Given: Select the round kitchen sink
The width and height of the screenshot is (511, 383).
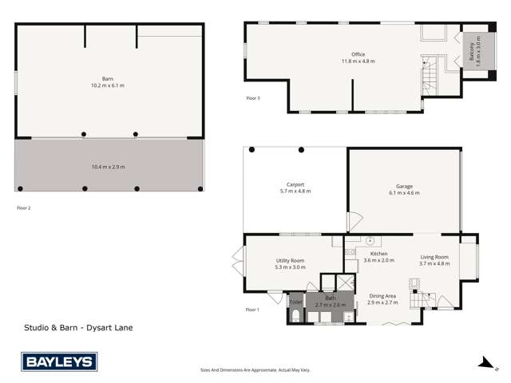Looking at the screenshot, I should [x=370, y=239].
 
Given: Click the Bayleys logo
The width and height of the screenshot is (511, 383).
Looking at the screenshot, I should [x=59, y=361].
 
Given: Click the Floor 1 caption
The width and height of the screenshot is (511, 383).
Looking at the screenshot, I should [x=252, y=309].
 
